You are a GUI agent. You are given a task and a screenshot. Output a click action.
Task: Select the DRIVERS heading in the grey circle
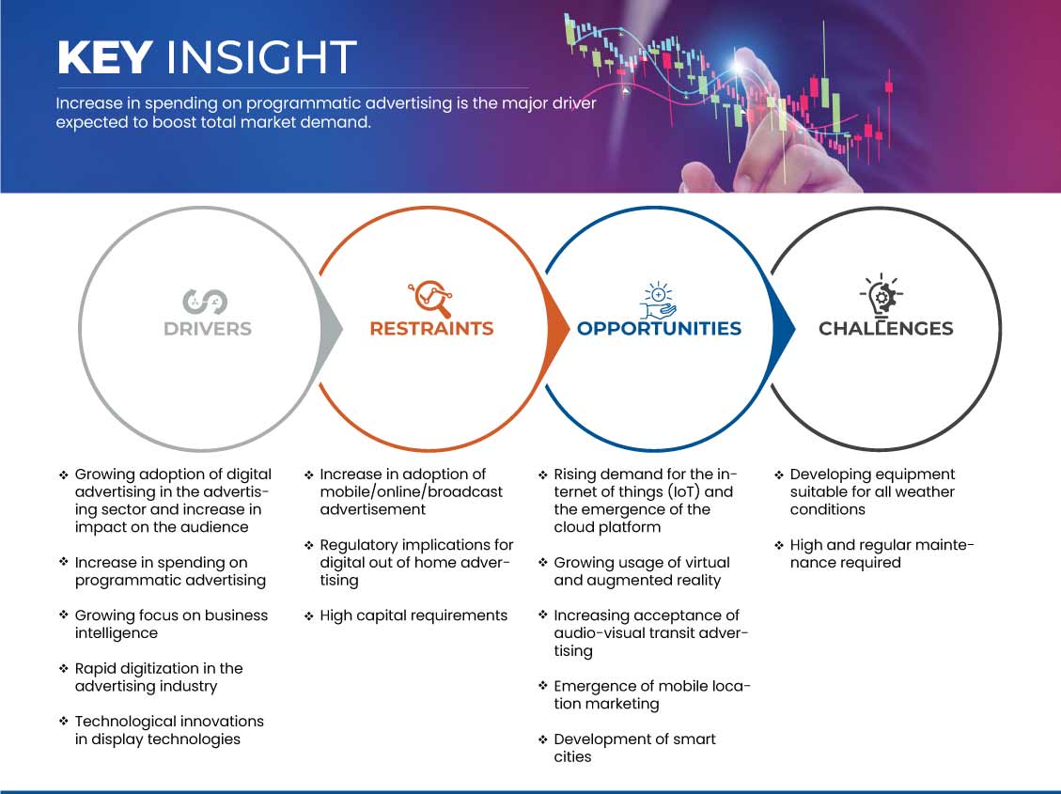208,329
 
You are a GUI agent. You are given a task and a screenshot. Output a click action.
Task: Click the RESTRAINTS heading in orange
431,329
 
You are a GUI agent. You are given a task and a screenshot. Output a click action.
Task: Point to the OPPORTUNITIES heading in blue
659,329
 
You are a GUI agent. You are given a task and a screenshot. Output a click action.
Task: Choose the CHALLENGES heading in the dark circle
886,329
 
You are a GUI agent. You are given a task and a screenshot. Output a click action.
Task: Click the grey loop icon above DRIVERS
205,302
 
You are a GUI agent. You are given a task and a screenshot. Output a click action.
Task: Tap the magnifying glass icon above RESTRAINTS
430,299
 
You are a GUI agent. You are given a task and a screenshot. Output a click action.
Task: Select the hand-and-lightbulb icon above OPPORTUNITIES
659,301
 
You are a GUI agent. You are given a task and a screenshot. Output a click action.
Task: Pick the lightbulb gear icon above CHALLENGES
882,295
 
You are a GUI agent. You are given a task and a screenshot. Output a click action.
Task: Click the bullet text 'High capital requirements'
413,615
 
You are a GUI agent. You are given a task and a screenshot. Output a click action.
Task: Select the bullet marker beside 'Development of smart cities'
542,740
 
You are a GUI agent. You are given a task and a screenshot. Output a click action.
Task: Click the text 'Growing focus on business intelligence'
171,624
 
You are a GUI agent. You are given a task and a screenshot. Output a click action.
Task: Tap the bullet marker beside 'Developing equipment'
779,475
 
